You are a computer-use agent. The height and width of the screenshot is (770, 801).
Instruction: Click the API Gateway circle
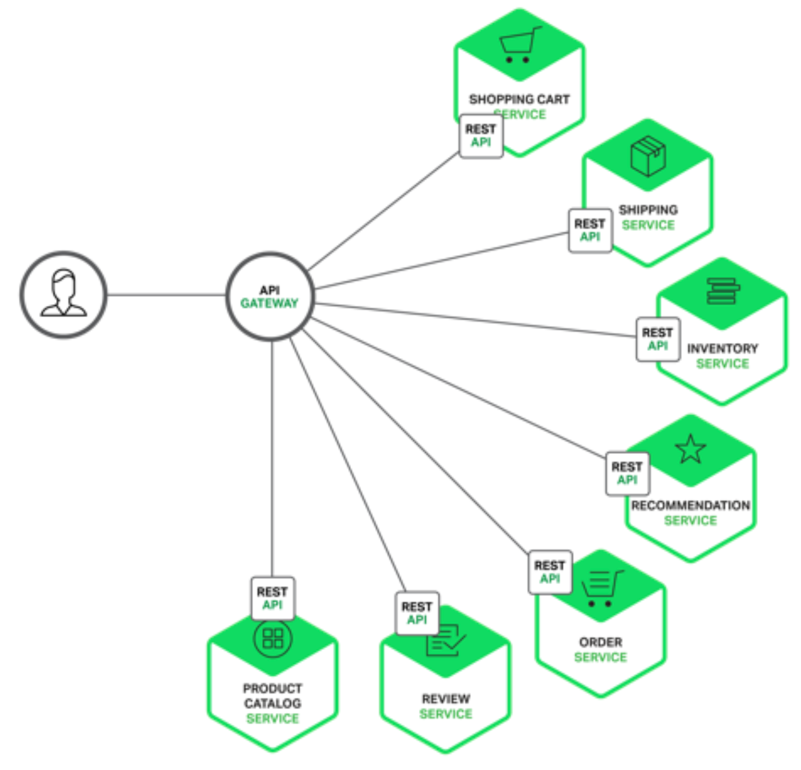[x=270, y=296]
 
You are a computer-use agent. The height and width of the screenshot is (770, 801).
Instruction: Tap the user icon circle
[x=64, y=295]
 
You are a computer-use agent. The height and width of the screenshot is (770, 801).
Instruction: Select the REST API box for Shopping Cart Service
[x=481, y=136]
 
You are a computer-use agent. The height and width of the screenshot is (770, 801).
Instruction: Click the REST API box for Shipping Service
[x=590, y=230]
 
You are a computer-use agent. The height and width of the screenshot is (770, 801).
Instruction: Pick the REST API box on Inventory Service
[x=657, y=339]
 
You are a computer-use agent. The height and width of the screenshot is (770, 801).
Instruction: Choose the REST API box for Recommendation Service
[x=627, y=473]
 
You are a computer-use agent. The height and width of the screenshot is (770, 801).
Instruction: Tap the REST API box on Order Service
[x=550, y=572]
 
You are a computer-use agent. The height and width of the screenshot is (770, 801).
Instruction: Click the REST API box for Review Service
[x=417, y=613]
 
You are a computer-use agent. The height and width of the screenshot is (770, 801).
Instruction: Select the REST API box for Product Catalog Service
[x=272, y=598]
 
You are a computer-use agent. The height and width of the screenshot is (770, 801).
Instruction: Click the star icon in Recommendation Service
[x=690, y=449]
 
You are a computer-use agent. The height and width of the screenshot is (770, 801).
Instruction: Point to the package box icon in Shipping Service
[x=648, y=156]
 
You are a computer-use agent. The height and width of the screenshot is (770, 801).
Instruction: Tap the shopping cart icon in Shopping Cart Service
[x=519, y=45]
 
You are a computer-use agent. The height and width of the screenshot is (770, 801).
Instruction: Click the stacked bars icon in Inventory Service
[x=722, y=291]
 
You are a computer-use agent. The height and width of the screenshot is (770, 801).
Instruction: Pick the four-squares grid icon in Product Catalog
[x=272, y=639]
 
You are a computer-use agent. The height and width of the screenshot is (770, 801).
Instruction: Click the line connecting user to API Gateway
[x=166, y=295]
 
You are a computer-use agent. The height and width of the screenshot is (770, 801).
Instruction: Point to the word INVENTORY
[x=722, y=348]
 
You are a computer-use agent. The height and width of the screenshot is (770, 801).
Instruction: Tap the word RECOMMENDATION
[x=690, y=505]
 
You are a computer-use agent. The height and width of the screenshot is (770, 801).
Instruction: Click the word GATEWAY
[x=269, y=304]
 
